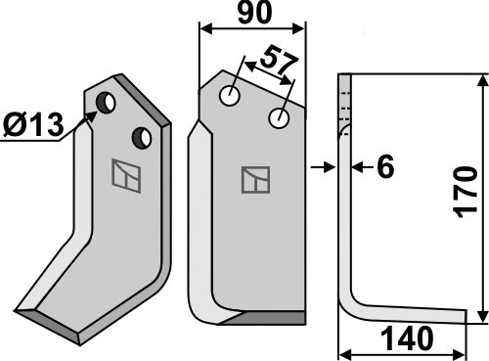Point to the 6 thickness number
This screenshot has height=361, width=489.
(384, 168)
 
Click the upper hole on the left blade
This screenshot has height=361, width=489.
(106, 101)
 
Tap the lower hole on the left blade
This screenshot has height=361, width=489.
(142, 135)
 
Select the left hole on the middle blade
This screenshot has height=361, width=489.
(230, 96)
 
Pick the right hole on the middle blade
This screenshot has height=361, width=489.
(281, 118)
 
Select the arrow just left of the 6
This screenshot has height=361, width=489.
(358, 167)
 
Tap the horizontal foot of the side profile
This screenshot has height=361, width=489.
(411, 314)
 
